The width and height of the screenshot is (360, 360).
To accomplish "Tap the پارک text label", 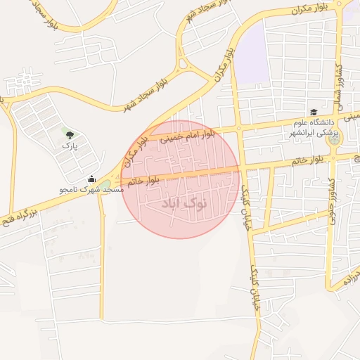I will click(68, 145).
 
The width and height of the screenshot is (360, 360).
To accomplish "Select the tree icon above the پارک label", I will click(68, 133).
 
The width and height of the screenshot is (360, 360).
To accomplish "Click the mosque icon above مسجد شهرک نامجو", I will click(91, 179).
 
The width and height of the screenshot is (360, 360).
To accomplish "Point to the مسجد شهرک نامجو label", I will click(91, 189).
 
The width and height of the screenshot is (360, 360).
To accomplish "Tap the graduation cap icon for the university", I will click(313, 112).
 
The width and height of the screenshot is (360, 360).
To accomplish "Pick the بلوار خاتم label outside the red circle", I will click(309, 161).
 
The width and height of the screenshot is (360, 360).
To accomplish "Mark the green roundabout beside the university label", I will click(333, 139).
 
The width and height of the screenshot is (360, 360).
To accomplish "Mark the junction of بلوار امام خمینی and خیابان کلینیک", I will click(238, 128).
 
